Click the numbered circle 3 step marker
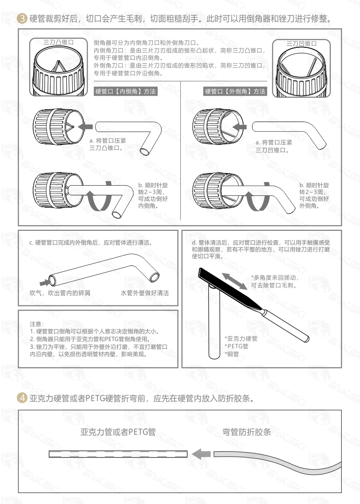[x=20, y=19]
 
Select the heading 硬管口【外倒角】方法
[x=235, y=92]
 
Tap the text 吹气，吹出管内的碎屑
[x=60, y=293]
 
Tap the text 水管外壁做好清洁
[x=144, y=293]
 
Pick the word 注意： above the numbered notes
[x=37, y=324]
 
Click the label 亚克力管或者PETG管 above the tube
[x=117, y=432]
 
